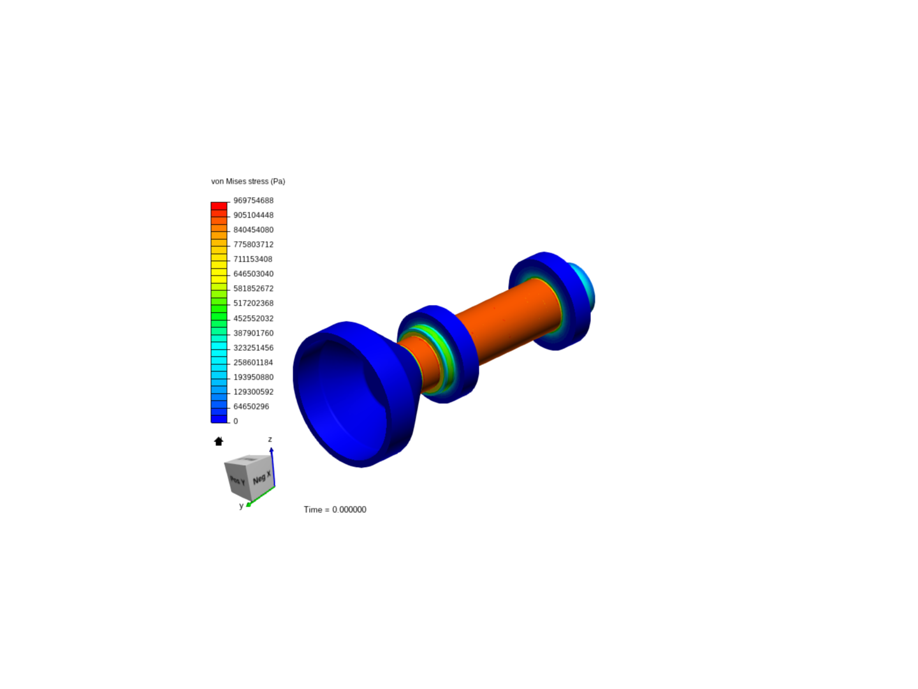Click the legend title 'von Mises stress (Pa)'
[x=248, y=181]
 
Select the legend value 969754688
[x=253, y=200]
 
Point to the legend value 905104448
[x=253, y=215]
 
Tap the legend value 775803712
[x=253, y=244]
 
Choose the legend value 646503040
[x=253, y=274]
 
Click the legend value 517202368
[x=253, y=303]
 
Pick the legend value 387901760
[x=253, y=333]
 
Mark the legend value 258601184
[x=253, y=362]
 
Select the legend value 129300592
[x=253, y=392]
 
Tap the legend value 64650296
[x=251, y=406]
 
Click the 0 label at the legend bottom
[x=236, y=421]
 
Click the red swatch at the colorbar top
[x=219, y=206]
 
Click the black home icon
[x=219, y=441]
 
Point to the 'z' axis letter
[x=270, y=439]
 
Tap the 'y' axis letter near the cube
[x=241, y=506]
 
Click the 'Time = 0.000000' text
[x=335, y=509]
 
